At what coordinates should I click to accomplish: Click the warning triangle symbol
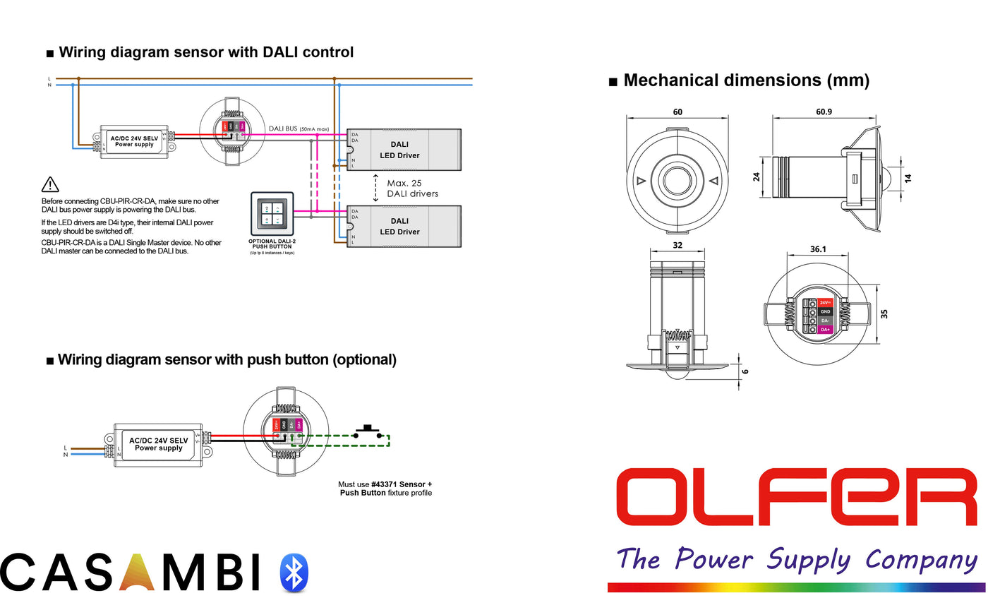click(51, 185)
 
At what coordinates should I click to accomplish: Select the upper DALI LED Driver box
click(403, 149)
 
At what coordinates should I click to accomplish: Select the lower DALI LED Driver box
click(403, 226)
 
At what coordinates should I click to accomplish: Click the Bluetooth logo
click(294, 573)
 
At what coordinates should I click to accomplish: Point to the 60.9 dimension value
click(824, 112)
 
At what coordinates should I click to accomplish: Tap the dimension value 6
click(745, 371)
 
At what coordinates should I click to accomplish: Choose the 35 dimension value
click(884, 313)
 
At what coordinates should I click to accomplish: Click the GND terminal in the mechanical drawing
click(826, 311)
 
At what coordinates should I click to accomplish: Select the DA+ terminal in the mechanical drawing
click(826, 330)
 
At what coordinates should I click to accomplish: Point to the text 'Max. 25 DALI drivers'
click(412, 189)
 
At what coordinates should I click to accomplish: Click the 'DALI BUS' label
click(282, 129)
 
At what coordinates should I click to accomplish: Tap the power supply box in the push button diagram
click(158, 443)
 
